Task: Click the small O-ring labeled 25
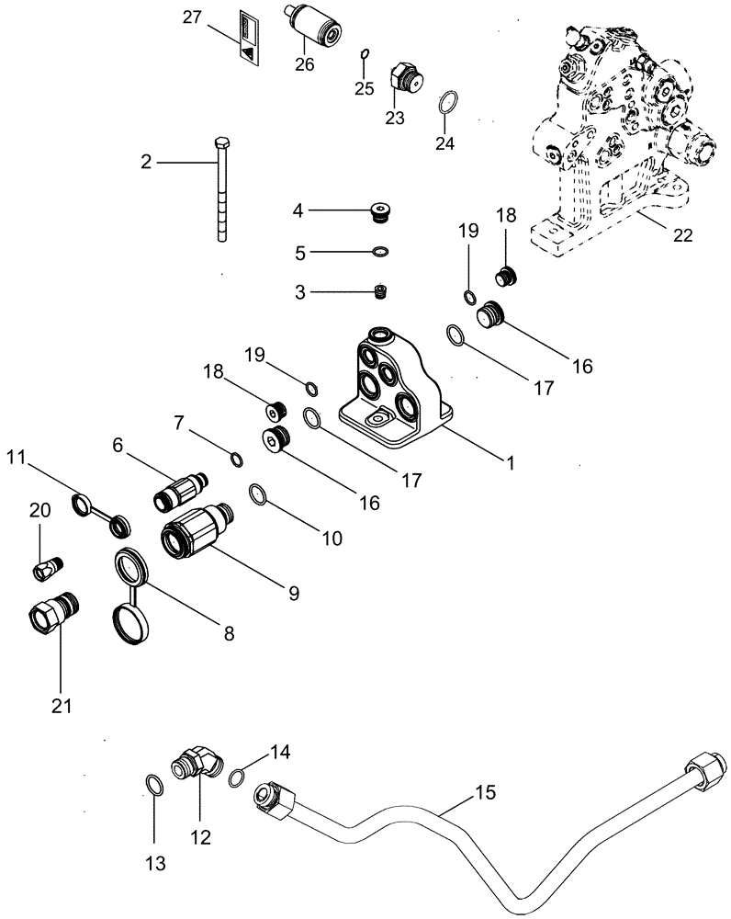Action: click(x=365, y=56)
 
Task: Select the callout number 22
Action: click(x=681, y=234)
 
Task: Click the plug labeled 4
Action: click(x=377, y=212)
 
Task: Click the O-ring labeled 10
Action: click(x=261, y=497)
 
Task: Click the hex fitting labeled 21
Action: click(x=51, y=612)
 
